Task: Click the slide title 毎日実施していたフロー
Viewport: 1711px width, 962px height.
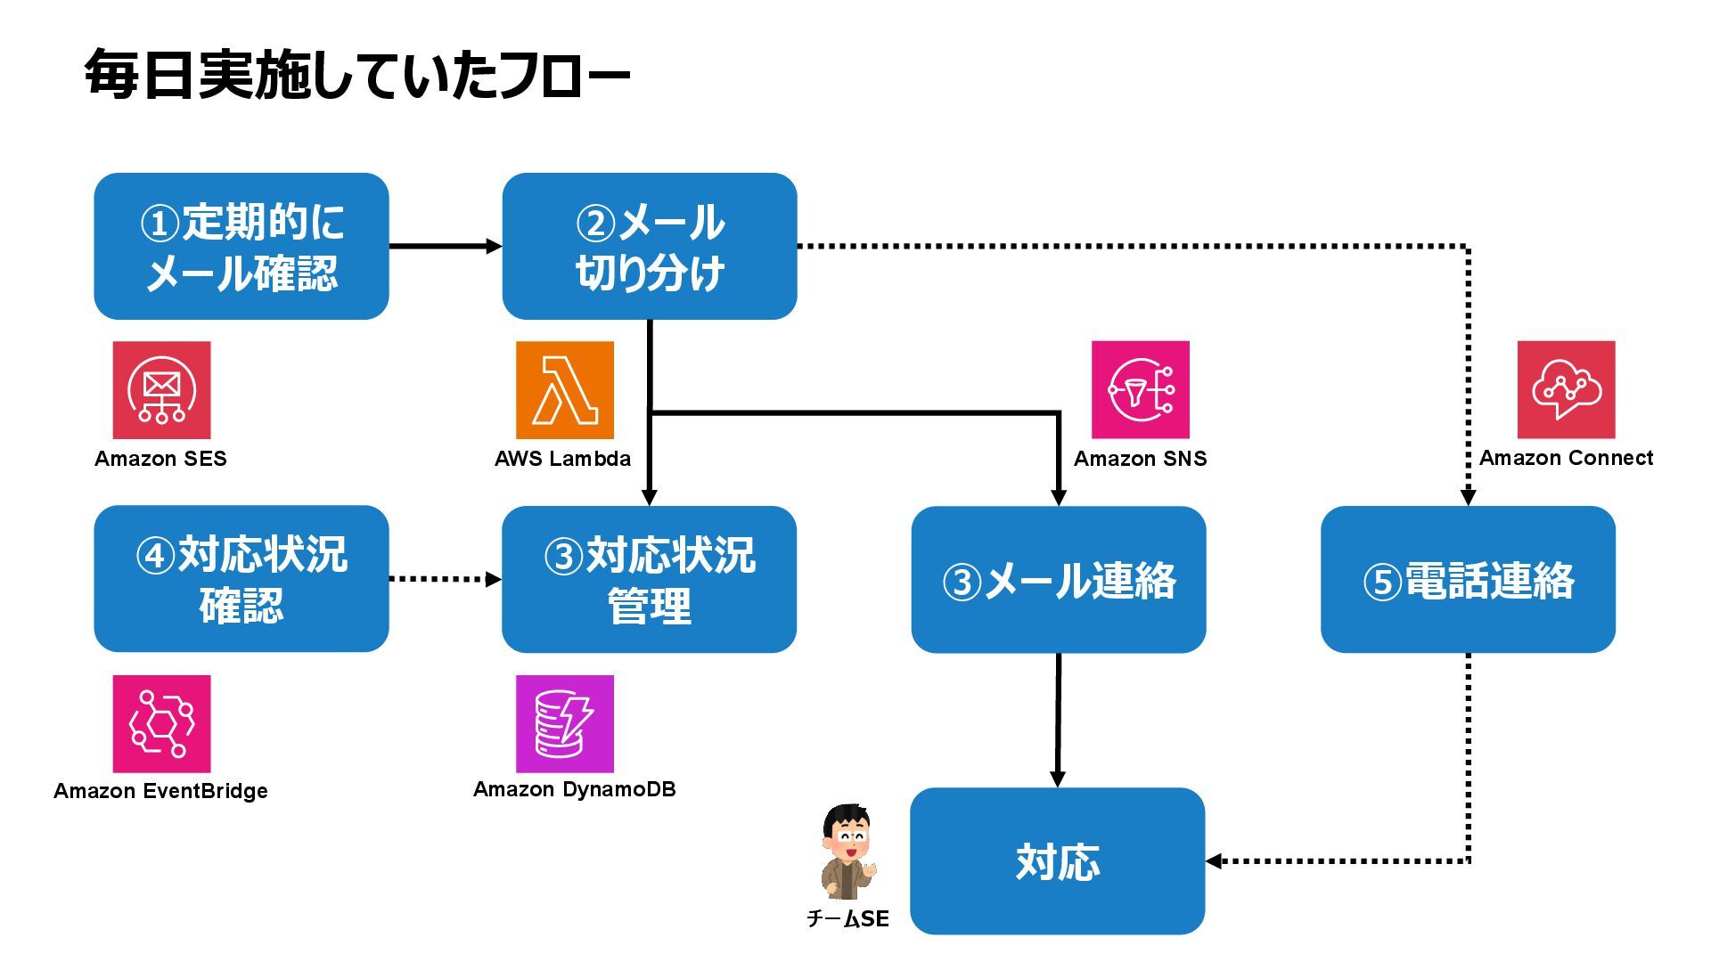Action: (x=357, y=75)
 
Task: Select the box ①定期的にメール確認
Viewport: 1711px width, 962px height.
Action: (x=242, y=246)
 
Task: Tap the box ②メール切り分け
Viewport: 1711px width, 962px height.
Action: (x=650, y=246)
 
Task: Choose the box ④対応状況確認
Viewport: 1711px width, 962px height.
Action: (x=242, y=579)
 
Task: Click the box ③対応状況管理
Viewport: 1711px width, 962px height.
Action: (x=650, y=579)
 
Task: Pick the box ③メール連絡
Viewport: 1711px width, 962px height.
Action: (x=1059, y=579)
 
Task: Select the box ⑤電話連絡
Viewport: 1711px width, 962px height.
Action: (x=1468, y=579)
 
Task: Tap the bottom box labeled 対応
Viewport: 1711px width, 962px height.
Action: (x=1058, y=860)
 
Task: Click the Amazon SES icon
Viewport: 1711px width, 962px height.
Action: (x=161, y=390)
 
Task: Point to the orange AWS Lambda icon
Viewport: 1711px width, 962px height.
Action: (x=565, y=390)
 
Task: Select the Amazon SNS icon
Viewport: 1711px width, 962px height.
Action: (x=1141, y=390)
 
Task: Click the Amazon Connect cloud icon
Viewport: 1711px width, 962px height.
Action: (x=1567, y=390)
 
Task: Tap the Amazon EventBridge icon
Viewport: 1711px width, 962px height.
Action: (x=161, y=724)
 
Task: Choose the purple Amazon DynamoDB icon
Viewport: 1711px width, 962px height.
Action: (x=565, y=724)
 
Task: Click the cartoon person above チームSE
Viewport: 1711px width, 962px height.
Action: (x=848, y=852)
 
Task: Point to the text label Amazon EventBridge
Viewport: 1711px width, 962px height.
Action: (x=160, y=791)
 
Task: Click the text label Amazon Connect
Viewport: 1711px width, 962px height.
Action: (x=1567, y=458)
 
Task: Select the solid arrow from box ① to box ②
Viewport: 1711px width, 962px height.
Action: (x=446, y=246)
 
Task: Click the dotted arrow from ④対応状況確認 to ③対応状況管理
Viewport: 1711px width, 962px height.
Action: (x=446, y=579)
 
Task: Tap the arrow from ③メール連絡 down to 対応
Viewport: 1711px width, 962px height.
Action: (x=1058, y=720)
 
